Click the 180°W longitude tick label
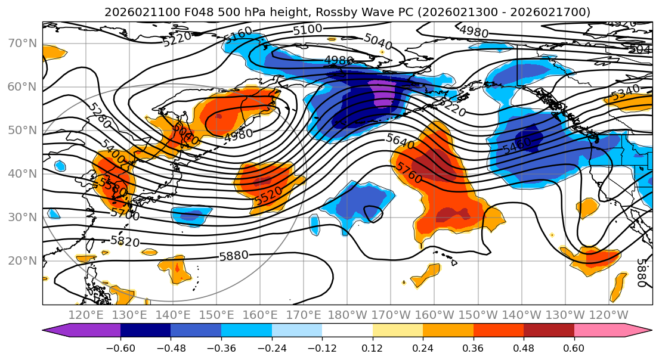pos(346,315)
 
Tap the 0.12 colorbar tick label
pos(372,347)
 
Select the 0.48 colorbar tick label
pos(523,347)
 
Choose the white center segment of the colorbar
pos(347,330)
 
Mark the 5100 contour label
pos(308,29)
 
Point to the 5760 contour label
pos(409,173)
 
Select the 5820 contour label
pos(125,241)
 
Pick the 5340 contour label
pos(625,93)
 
